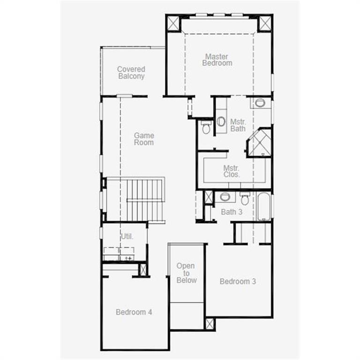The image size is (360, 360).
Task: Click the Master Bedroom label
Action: tap(217, 60)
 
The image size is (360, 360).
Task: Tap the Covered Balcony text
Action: tap(131, 73)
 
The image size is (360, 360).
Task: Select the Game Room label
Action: tap(144, 139)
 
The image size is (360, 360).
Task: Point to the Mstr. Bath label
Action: tap(238, 125)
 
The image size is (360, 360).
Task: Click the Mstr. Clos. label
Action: tap(232, 171)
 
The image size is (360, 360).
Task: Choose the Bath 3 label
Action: tap(232, 212)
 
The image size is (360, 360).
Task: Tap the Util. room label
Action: tap(127, 236)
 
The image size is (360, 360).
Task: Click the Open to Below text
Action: tap(186, 273)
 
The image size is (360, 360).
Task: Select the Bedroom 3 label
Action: tap(238, 281)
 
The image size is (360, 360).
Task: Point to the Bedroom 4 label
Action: tap(134, 312)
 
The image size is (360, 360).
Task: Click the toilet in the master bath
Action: tap(206, 127)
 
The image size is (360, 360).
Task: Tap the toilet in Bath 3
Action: tap(245, 198)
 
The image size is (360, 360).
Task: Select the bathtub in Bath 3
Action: tap(264, 206)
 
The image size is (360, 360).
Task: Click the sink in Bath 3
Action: tap(225, 196)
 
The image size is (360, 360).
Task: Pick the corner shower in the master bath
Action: tap(260, 142)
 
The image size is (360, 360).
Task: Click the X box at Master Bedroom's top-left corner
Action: tap(173, 22)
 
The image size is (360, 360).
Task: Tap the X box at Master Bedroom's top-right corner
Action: tap(265, 23)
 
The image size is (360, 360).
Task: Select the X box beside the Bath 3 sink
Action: tap(209, 197)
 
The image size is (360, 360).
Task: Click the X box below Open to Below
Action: tap(210, 323)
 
